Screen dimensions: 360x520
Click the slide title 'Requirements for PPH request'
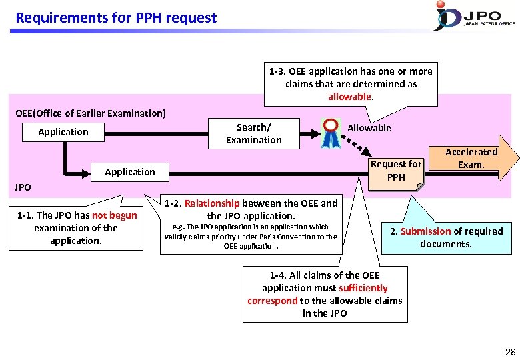(x=116, y=18)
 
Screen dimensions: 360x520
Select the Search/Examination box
(x=253, y=133)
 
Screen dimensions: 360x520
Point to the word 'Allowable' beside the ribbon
(x=369, y=128)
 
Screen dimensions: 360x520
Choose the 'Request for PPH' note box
(x=396, y=171)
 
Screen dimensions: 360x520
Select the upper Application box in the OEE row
(x=63, y=132)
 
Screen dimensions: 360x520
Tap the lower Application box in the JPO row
(x=129, y=172)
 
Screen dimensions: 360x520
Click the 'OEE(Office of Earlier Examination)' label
(x=91, y=113)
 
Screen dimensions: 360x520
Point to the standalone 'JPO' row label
(x=23, y=187)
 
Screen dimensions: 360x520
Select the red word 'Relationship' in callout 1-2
(x=212, y=203)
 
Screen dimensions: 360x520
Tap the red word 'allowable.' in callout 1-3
(x=351, y=97)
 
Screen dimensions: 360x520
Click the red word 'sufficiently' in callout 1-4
(x=363, y=288)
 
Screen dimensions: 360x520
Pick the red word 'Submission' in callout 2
(x=425, y=231)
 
